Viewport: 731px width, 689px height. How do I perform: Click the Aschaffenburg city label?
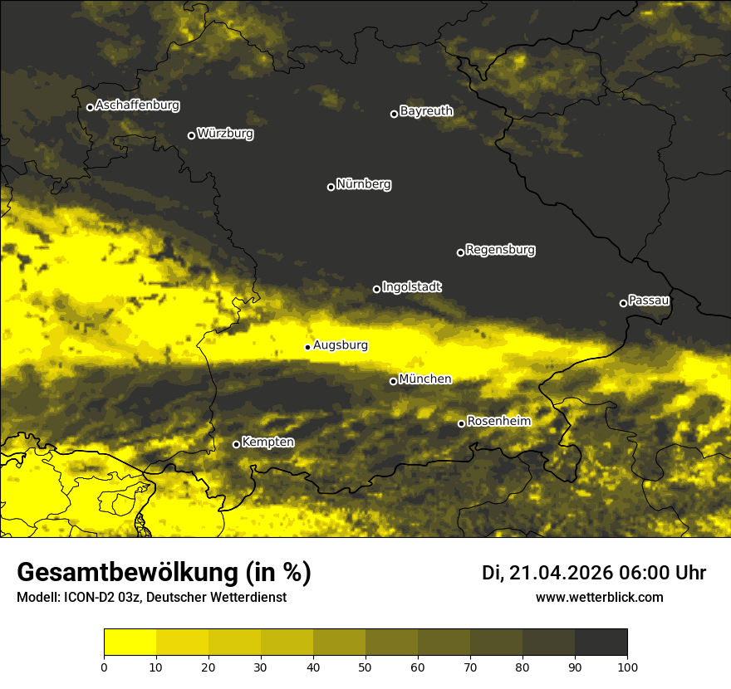coord(137,105)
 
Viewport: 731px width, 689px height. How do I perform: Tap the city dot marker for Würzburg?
coord(191,135)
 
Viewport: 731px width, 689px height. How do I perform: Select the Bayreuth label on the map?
coord(426,111)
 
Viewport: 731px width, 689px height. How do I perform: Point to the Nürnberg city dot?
coord(331,187)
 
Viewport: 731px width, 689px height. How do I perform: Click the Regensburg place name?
coord(500,249)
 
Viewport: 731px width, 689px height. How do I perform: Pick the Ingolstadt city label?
coord(411,286)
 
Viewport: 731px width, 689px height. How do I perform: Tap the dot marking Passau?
coord(623,303)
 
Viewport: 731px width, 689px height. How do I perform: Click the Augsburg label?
coord(341,344)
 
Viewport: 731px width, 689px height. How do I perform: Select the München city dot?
coord(393,382)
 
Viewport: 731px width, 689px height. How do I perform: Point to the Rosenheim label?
coord(498,421)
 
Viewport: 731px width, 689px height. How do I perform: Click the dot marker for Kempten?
coord(236,444)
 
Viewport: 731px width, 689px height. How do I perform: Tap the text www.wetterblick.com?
coord(599,597)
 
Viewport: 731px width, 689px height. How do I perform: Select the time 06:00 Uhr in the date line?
coord(662,573)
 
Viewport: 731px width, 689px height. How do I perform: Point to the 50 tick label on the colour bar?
coord(365,666)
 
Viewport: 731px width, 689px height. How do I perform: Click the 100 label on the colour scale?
coord(627,666)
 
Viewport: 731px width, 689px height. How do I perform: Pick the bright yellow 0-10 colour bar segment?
coord(130,643)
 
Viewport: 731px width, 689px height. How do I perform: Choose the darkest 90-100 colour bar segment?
coord(601,643)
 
